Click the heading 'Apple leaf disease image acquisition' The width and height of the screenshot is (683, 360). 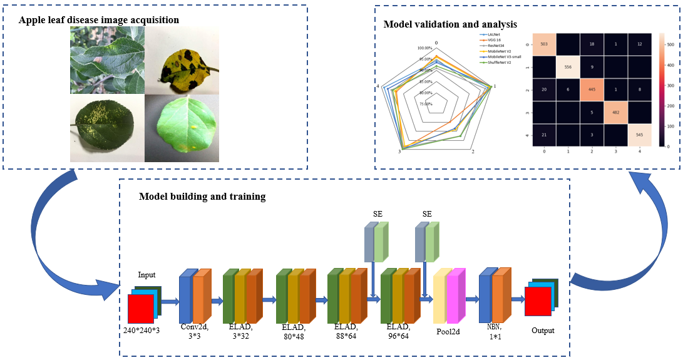point(99,20)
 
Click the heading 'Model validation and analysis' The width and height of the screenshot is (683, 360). point(450,24)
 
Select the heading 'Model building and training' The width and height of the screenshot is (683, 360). point(202,197)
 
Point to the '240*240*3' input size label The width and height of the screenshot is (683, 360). point(141,329)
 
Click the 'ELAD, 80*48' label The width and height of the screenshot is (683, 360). point(294,331)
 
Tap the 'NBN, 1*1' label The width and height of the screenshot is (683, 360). point(495,331)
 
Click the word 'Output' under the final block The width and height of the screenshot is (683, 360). point(542,330)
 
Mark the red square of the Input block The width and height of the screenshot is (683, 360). point(140,307)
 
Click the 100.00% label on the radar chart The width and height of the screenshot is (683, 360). point(424,48)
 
